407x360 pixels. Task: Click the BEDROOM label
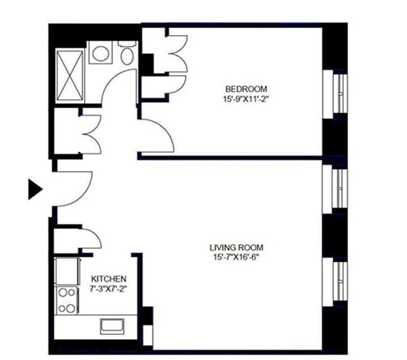246,89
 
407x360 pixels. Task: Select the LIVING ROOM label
236,247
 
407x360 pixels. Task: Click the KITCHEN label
109,279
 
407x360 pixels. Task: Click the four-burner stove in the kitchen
67,301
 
